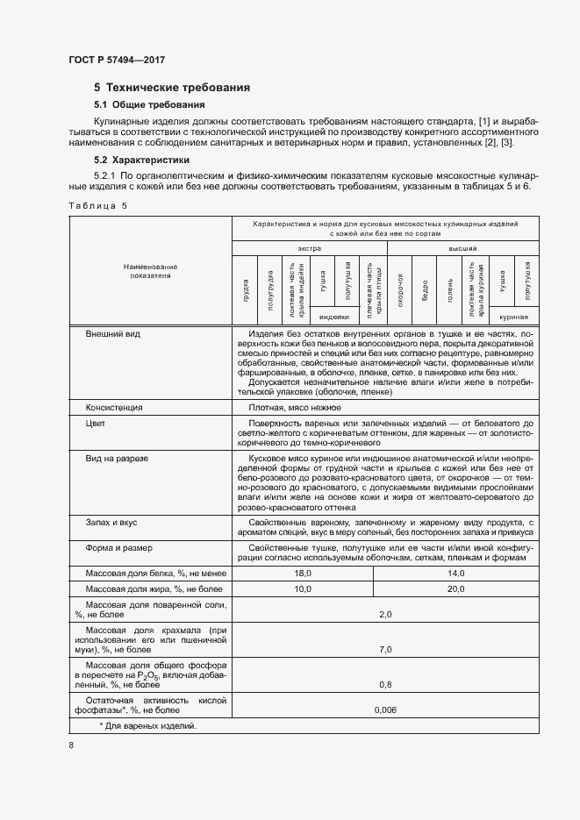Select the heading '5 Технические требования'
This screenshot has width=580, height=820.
(x=172, y=88)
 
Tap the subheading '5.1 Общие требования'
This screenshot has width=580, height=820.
(x=149, y=105)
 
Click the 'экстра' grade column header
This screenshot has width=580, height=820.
(x=308, y=249)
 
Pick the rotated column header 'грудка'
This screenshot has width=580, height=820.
(x=246, y=288)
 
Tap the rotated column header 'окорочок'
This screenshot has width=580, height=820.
(x=399, y=288)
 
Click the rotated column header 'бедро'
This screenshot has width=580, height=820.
(x=425, y=288)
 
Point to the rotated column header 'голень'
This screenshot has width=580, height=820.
(x=450, y=288)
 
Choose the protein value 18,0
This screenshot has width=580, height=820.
(x=303, y=573)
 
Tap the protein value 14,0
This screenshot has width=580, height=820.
(x=456, y=573)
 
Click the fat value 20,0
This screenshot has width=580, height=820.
(x=456, y=589)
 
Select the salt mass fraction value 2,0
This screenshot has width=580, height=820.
(x=384, y=615)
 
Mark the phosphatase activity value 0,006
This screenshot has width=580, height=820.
(x=384, y=709)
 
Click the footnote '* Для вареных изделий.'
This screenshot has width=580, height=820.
(x=147, y=726)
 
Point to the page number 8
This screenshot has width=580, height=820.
(x=71, y=745)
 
